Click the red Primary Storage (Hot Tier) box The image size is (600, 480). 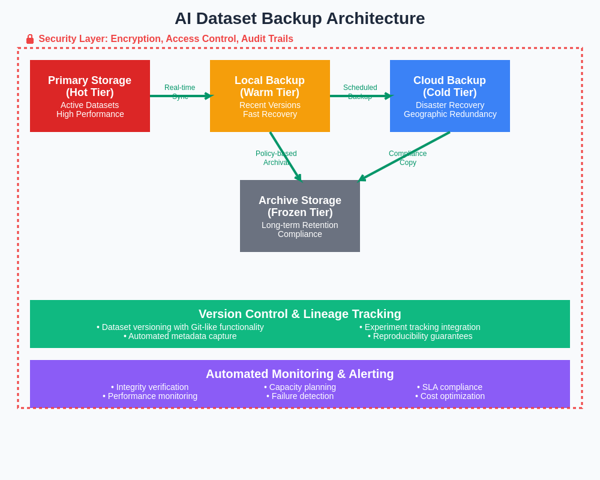(x=90, y=96)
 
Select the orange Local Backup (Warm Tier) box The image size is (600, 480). (x=270, y=96)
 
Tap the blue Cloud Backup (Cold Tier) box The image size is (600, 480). (x=450, y=96)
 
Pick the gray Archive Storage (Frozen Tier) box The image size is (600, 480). (x=300, y=216)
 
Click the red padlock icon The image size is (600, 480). (x=30, y=39)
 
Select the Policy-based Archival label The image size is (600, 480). (x=276, y=158)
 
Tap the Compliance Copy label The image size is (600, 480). (x=408, y=158)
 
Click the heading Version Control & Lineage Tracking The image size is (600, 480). (x=300, y=314)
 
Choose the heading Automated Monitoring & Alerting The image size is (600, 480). (x=300, y=374)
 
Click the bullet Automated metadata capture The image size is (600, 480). (x=180, y=336)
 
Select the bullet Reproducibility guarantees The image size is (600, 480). (x=420, y=336)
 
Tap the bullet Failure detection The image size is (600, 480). (x=300, y=396)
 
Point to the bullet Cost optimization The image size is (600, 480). (x=450, y=396)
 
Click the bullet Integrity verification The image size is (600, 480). (x=150, y=387)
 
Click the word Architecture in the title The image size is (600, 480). (x=376, y=19)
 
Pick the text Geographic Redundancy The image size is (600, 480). (x=450, y=114)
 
